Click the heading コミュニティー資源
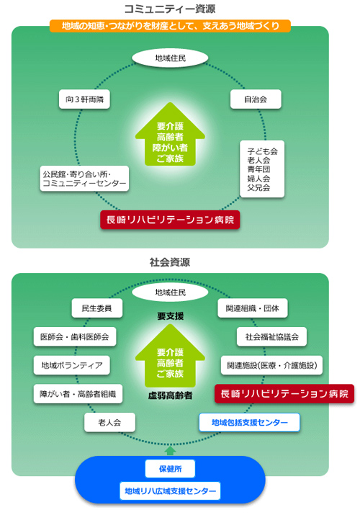(x=170, y=9)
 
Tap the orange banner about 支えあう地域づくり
(x=170, y=26)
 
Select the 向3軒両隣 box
(x=84, y=99)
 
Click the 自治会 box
(x=256, y=99)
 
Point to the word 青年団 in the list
(x=258, y=169)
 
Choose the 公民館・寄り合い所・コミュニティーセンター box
(x=84, y=179)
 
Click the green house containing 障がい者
(x=170, y=134)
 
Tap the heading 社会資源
(x=170, y=262)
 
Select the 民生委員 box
(x=96, y=308)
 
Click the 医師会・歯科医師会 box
(x=75, y=336)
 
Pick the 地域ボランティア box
(x=71, y=365)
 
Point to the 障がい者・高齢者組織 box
(x=78, y=394)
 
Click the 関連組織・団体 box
(x=253, y=308)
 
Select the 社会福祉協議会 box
(x=271, y=336)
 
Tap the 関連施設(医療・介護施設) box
(x=271, y=365)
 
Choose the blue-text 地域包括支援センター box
(x=249, y=422)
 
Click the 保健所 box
(x=170, y=469)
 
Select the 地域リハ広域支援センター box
(x=170, y=491)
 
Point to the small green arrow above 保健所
(x=170, y=450)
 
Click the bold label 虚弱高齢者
(x=170, y=395)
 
